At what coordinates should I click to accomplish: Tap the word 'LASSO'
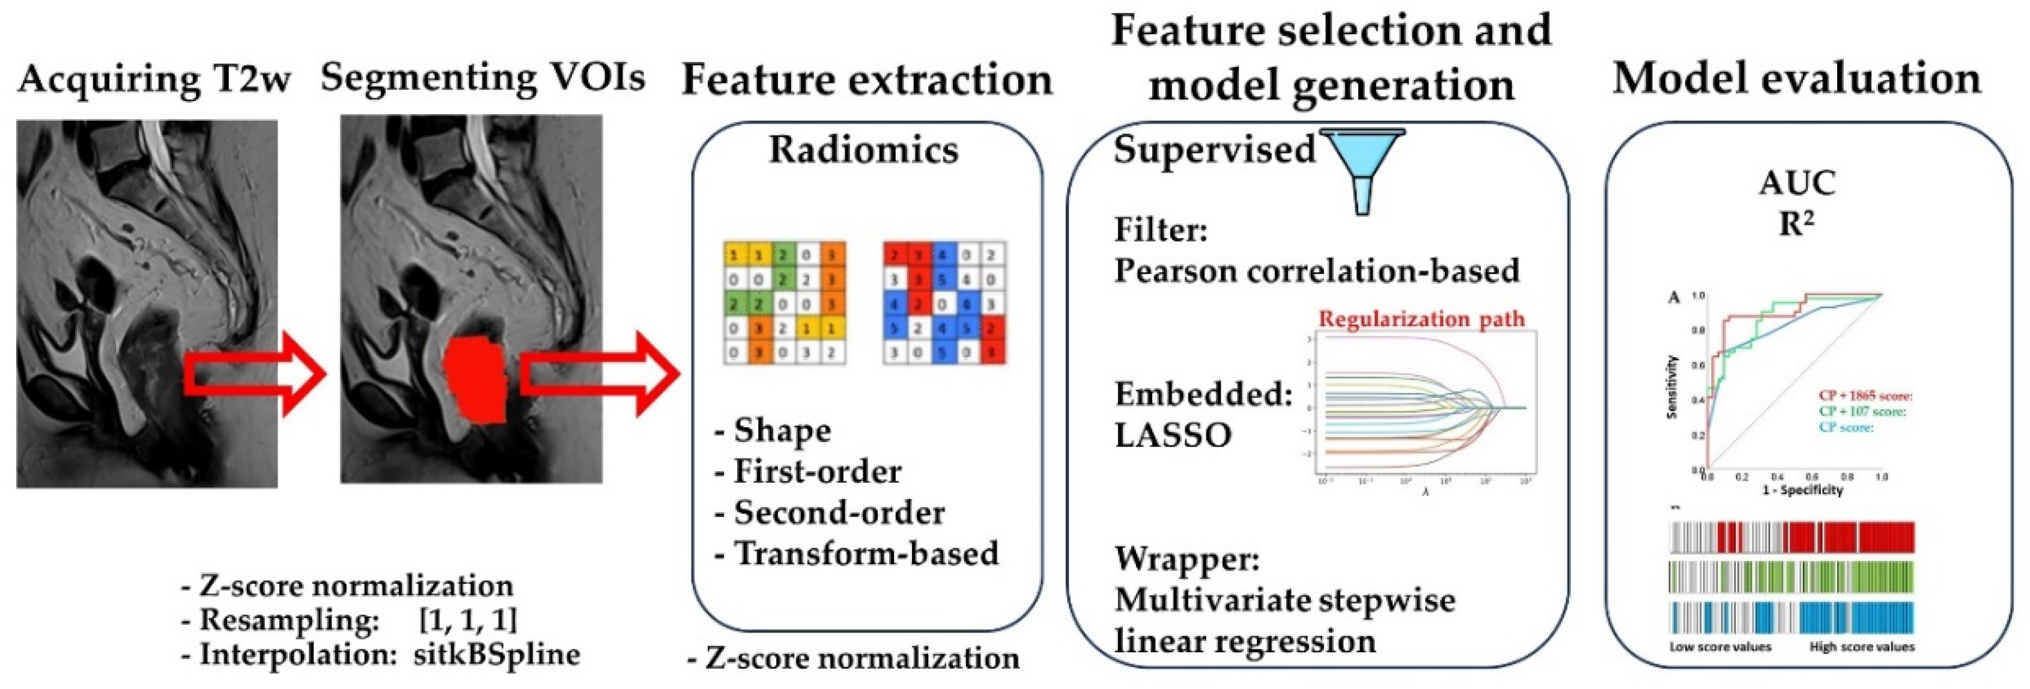click(1173, 435)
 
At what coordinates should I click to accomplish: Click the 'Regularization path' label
click(1421, 319)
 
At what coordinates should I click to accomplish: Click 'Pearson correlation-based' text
click(1316, 271)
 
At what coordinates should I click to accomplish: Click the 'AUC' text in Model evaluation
click(1797, 184)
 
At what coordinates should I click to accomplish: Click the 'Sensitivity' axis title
click(1674, 385)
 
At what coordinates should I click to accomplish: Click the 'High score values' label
click(1861, 646)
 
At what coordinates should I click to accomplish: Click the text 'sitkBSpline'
click(496, 654)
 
